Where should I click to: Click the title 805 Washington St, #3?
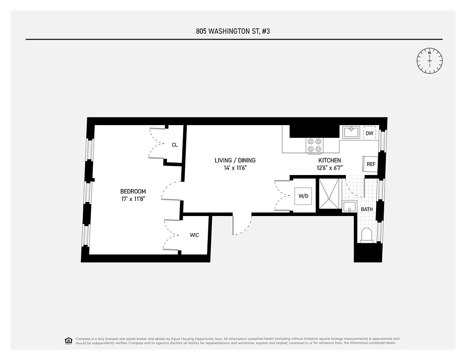(x=234, y=31)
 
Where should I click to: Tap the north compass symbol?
(x=430, y=60)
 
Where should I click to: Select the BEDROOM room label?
(x=133, y=191)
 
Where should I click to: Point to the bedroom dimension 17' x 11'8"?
(x=133, y=199)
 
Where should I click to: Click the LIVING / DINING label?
(x=235, y=160)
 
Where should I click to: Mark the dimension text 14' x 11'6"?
(x=235, y=168)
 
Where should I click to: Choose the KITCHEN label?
(x=329, y=160)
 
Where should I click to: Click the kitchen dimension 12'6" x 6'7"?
(x=329, y=168)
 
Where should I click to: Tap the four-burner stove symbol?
(x=315, y=145)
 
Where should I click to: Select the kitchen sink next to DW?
(x=351, y=132)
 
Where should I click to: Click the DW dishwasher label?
(x=369, y=133)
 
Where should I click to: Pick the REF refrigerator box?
(x=370, y=164)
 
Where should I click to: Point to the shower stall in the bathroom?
(x=330, y=194)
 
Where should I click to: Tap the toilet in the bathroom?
(x=367, y=235)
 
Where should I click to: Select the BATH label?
(x=367, y=209)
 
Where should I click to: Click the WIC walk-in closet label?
(x=194, y=235)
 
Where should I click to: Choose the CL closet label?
(x=175, y=145)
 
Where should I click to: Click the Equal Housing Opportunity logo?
(x=68, y=340)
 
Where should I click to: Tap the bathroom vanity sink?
(x=349, y=207)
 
